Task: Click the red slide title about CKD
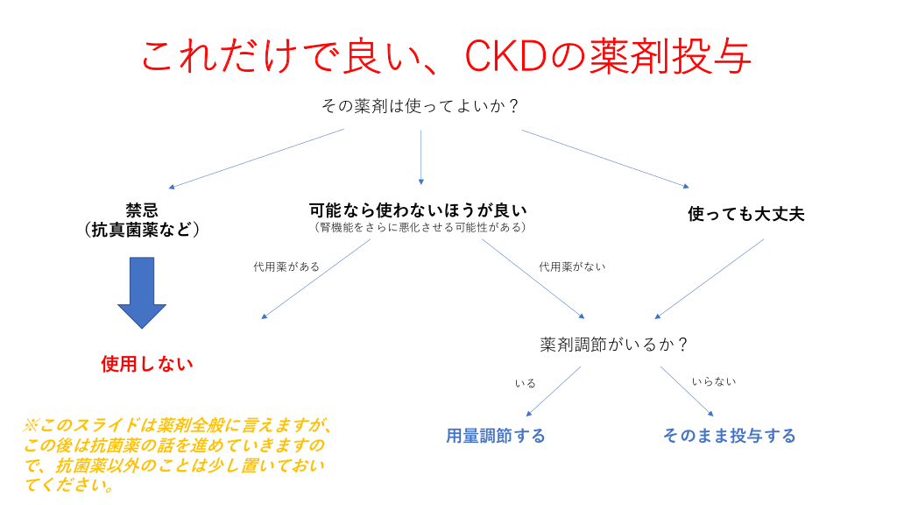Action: [x=446, y=57]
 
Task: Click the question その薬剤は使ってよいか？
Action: [x=420, y=106]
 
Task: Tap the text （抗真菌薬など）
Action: [x=142, y=230]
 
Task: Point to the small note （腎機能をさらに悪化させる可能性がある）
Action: [x=420, y=227]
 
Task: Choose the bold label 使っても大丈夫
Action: [x=745, y=214]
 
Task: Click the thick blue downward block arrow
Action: [x=142, y=292]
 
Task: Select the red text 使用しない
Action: [x=147, y=364]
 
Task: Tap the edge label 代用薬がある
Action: [x=286, y=267]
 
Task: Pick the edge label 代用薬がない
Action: [x=572, y=267]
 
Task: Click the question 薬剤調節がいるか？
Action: [x=613, y=345]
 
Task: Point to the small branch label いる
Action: [x=526, y=383]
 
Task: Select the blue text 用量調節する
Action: [x=496, y=436]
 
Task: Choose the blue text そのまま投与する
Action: [x=729, y=436]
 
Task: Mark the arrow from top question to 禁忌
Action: [x=256, y=159]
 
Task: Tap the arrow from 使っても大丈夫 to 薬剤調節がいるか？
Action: [x=710, y=278]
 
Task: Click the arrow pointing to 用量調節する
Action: [x=554, y=391]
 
